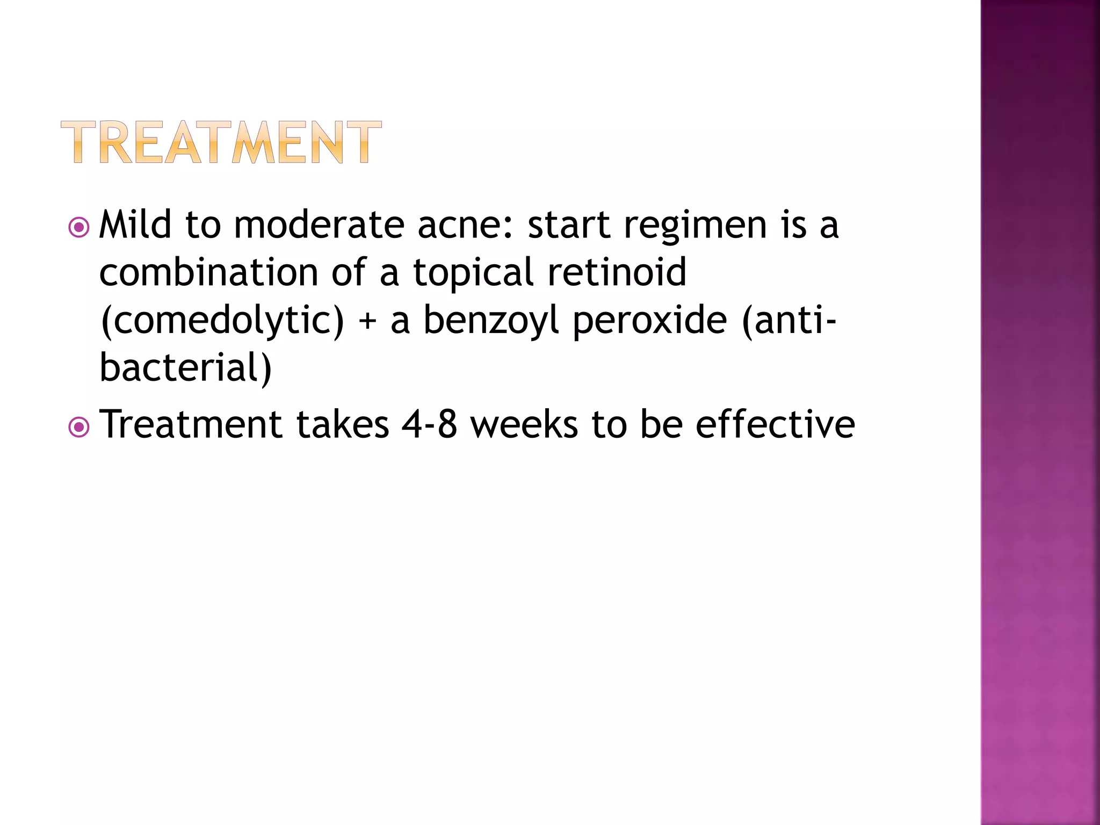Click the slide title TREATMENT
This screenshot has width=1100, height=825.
[x=221, y=142]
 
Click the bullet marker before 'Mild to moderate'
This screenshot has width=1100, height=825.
[x=79, y=227]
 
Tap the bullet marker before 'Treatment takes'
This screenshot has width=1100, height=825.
[x=79, y=428]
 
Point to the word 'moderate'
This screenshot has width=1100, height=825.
[x=319, y=226]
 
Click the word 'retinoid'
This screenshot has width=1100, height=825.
[x=617, y=272]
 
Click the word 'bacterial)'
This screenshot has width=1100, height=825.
[x=186, y=368]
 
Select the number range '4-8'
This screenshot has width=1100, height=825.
[x=429, y=425]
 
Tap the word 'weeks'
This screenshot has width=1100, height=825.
[x=524, y=425]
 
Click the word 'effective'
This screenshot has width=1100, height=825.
[x=775, y=425]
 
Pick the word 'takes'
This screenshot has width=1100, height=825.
[x=343, y=425]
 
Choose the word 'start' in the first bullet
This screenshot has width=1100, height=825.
[x=569, y=226]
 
